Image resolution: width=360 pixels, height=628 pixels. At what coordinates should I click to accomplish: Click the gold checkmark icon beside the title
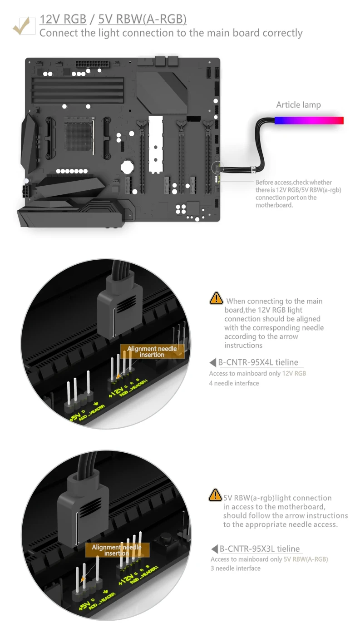[23, 25]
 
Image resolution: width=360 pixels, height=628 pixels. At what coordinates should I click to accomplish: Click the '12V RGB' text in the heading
[63, 20]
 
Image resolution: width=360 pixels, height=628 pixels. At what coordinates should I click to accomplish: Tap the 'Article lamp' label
[298, 105]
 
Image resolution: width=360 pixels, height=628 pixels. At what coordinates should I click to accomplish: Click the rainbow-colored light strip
[309, 120]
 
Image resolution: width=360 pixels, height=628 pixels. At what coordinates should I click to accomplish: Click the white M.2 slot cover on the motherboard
[155, 143]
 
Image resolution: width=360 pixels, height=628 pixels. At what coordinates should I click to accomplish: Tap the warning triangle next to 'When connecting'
[216, 298]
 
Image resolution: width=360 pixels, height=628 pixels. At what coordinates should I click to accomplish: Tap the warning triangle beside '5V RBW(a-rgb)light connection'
[215, 495]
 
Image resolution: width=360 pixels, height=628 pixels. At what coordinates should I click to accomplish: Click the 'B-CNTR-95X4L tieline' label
[259, 362]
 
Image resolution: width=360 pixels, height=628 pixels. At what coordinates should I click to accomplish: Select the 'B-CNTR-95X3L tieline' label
[260, 549]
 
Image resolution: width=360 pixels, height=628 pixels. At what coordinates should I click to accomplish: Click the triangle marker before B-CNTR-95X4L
[212, 362]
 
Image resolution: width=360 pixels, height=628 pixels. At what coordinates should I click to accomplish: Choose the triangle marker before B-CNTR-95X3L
[214, 549]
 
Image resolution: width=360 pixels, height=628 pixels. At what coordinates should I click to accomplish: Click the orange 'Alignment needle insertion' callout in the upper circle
[152, 351]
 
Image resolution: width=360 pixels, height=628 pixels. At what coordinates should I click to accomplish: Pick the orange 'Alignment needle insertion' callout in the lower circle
[117, 550]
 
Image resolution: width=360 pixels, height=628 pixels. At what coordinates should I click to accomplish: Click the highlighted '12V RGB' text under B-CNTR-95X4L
[294, 374]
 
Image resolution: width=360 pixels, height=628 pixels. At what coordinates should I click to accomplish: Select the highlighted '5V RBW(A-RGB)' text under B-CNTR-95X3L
[306, 559]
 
